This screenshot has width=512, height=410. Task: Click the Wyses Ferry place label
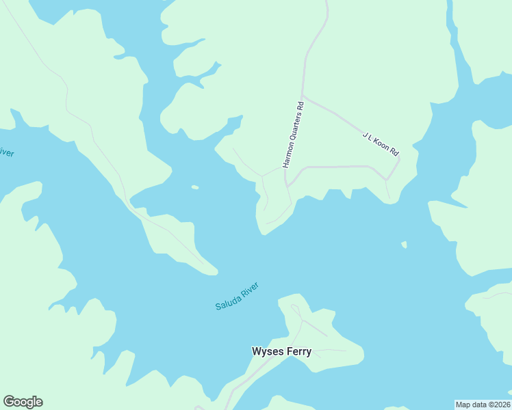tap(281, 352)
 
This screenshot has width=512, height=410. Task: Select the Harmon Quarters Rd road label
tap(292, 135)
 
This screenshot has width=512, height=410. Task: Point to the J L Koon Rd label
tap(380, 144)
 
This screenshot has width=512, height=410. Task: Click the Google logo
tap(23, 402)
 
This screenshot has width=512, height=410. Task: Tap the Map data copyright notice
tap(483, 404)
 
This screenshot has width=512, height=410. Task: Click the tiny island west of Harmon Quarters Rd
tap(195, 187)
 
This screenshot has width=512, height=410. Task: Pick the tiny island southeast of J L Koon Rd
tap(404, 244)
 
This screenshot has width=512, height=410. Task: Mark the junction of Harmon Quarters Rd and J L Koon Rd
tap(303, 96)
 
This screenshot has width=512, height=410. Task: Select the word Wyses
tap(266, 352)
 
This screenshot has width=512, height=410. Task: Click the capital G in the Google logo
tap(10, 402)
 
